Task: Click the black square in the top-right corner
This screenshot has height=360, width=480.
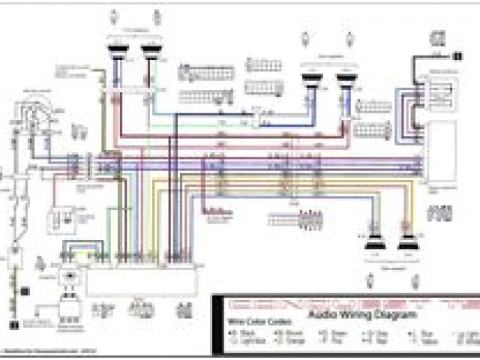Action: pos(458,54)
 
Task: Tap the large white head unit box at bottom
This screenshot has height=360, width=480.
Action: pos(142,281)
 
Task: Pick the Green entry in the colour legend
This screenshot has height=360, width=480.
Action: pos(339,332)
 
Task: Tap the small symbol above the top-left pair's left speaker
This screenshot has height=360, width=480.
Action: pos(113,16)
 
